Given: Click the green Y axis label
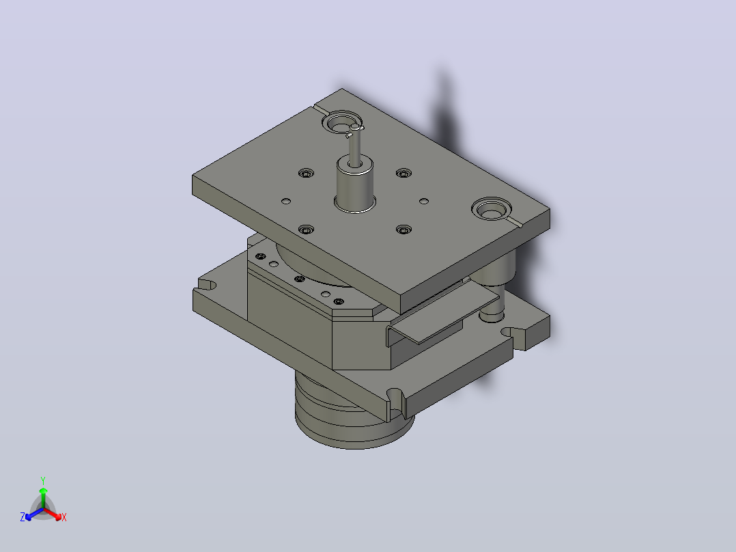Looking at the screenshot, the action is coord(43,480).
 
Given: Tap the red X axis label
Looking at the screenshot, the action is coord(64,517).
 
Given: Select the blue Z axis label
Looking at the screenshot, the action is coord(23,516).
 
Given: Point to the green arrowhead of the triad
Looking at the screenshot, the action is coord(43,491).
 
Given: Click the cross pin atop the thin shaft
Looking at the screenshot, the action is coord(355,130).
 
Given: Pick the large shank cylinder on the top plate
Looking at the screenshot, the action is coord(355,184).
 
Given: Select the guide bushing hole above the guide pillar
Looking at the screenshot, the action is coord(492,209).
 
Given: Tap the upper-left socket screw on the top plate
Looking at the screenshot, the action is coord(306,174).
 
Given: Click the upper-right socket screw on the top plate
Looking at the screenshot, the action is coord(404,174).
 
